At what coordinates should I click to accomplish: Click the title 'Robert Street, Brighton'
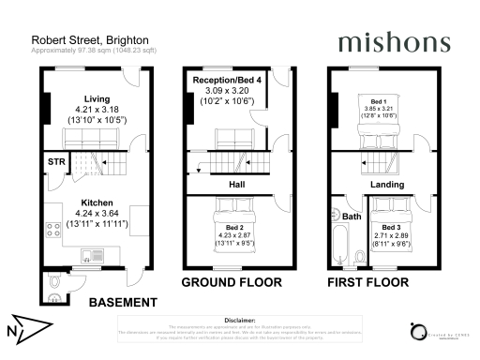84,39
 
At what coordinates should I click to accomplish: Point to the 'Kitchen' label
97,202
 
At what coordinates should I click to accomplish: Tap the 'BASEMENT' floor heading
120,303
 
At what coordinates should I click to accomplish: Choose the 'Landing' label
386,185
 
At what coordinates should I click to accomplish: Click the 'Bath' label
352,217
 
